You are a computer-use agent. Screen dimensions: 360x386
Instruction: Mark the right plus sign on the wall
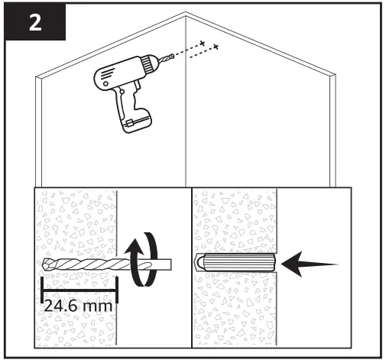point(216,49)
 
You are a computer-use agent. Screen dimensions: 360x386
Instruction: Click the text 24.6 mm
point(76,304)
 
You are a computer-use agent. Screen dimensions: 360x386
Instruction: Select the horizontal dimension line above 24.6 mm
point(76,290)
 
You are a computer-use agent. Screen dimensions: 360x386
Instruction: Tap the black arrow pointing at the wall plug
point(310,264)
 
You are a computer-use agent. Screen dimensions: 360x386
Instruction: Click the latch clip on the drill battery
point(131,122)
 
